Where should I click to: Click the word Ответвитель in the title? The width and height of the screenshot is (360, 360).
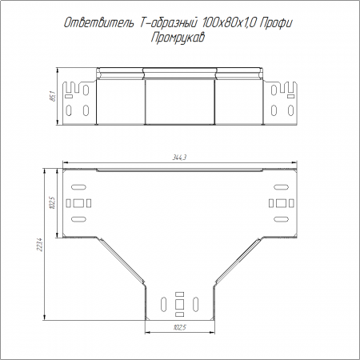click(99, 23)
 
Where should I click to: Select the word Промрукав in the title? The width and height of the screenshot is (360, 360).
click(178, 38)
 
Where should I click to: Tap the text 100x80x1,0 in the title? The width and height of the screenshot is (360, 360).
click(229, 23)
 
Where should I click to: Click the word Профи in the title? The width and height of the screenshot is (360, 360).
click(276, 24)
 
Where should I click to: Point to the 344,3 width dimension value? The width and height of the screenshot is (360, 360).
click(179, 158)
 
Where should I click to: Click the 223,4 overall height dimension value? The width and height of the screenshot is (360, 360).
click(40, 245)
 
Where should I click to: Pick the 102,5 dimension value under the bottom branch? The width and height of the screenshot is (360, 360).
click(180, 327)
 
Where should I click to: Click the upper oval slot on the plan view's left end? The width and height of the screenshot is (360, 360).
click(78, 187)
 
